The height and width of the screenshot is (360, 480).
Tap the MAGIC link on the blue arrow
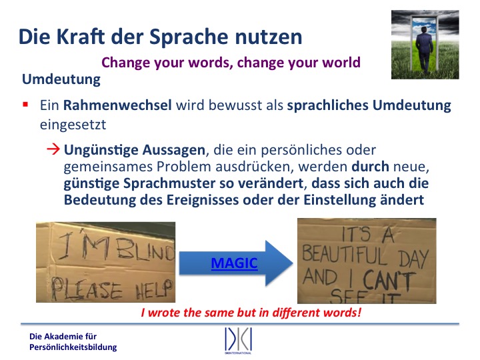(235, 263)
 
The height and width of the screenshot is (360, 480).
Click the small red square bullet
(25, 105)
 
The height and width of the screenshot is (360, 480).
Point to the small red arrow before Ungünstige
(53, 149)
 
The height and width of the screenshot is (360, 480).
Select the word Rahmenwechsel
(117, 105)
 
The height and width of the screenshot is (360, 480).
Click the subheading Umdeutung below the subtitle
(61, 79)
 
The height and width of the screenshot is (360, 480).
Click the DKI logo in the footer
(238, 340)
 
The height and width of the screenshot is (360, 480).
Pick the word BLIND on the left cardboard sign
(145, 250)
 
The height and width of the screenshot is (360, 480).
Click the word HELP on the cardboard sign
(154, 290)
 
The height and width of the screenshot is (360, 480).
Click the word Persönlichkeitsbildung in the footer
(73, 347)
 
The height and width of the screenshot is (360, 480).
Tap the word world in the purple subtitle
(341, 63)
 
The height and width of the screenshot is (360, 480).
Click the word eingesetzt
(73, 125)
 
